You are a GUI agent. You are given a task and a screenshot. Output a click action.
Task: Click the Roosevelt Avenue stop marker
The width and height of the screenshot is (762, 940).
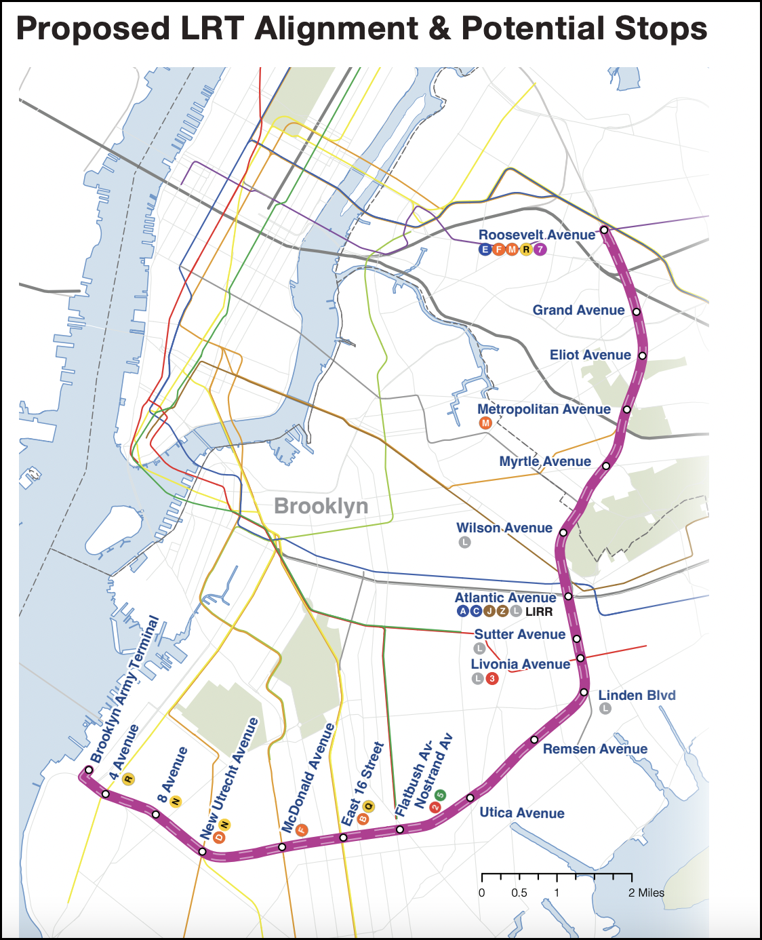[604, 230]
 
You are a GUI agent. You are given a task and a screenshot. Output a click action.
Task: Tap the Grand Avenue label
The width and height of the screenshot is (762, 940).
[578, 310]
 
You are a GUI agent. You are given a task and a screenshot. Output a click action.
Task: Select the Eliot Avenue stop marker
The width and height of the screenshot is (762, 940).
[642, 355]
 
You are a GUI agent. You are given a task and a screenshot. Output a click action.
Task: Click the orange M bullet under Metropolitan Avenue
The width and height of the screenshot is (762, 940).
[485, 423]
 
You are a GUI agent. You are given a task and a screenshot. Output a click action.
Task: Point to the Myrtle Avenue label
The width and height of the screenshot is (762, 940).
[545, 461]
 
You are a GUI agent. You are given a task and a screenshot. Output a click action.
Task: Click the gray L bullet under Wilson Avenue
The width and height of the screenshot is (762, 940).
[464, 542]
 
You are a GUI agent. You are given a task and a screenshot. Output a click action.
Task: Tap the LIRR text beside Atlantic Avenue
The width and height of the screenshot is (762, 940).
[539, 611]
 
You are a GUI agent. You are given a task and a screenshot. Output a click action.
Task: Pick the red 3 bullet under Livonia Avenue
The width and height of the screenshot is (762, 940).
[492, 678]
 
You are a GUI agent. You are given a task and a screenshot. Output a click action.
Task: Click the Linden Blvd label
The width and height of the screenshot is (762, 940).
[637, 695]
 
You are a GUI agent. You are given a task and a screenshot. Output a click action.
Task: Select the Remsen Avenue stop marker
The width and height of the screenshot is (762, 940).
[534, 739]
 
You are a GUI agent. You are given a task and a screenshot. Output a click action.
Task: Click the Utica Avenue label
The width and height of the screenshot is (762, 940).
[522, 812]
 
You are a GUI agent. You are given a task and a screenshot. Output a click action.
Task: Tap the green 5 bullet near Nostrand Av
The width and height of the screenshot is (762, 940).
[441, 795]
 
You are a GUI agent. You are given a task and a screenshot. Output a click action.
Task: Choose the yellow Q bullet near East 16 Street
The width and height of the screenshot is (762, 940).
[369, 806]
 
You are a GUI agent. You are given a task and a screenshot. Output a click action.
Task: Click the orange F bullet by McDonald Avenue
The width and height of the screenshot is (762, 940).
[302, 830]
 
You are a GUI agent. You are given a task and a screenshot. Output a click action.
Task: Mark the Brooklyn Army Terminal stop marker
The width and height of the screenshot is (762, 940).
[88, 770]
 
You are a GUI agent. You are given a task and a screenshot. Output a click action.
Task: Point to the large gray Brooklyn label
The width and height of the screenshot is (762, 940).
[321, 506]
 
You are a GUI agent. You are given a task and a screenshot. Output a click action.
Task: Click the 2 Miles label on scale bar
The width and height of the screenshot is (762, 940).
[646, 893]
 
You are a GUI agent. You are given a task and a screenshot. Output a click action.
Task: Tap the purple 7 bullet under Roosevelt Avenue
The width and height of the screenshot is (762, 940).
[540, 249]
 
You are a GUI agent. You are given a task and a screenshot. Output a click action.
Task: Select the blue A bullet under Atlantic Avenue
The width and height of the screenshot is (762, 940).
[463, 611]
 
